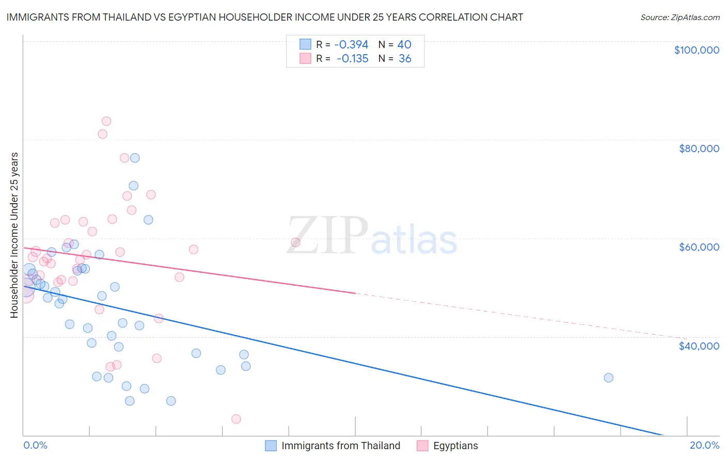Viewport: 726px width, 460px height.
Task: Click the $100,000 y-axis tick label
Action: click(696, 50)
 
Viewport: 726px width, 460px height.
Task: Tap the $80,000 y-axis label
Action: click(699, 149)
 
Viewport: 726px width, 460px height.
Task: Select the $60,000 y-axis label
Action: click(699, 247)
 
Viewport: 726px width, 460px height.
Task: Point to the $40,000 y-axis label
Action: click(699, 346)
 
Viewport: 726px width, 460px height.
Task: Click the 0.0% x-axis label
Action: click(36, 445)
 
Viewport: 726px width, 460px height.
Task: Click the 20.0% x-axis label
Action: click(704, 445)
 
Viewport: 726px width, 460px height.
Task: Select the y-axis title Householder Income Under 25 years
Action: click(14, 235)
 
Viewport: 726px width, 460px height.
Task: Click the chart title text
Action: click(264, 17)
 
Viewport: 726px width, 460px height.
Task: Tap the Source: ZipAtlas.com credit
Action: click(680, 17)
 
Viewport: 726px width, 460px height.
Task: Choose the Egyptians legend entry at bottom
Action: click(455, 446)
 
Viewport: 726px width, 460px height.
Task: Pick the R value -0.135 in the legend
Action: click(353, 59)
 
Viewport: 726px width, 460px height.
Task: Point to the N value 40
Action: click(404, 45)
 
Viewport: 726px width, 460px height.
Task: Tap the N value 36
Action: click(405, 59)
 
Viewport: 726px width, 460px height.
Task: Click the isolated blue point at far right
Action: click(608, 377)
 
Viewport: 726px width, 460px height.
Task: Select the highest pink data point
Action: click(106, 121)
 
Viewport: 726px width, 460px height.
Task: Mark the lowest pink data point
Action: click(236, 419)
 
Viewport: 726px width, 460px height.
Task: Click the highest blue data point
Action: click(135, 158)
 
